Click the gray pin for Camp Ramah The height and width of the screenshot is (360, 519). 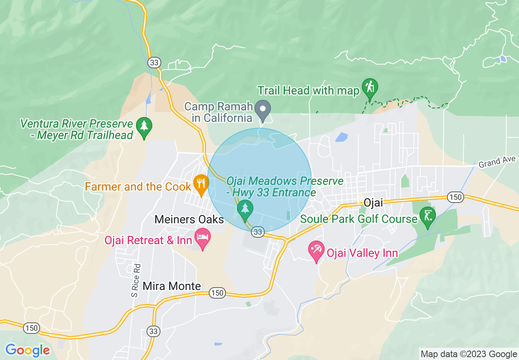coord(263,109)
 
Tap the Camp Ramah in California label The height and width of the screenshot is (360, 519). coord(218,112)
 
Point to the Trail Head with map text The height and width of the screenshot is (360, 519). coord(308,90)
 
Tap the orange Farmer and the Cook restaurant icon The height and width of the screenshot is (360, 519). coord(201,183)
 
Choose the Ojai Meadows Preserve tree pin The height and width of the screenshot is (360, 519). coord(245,209)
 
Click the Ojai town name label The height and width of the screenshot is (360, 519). coord(373,202)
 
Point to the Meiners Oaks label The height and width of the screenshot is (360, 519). coord(189,220)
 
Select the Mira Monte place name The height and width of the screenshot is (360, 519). coord(172,286)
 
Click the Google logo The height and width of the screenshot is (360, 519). coord(27,350)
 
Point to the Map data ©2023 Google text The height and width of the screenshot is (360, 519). coord(469,354)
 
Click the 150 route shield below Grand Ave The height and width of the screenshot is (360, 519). coord(455,197)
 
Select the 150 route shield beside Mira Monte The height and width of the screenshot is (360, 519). coord(217,293)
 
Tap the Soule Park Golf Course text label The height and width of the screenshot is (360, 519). coord(359,219)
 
